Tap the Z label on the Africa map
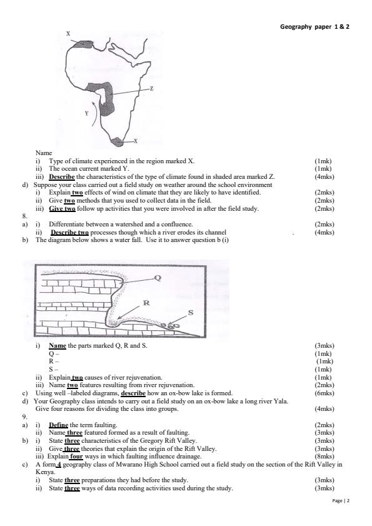(x=152, y=89)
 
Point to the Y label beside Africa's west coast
(x=86, y=113)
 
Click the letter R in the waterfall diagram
(x=146, y=303)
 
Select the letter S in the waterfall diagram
(x=190, y=312)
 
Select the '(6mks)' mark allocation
(x=325, y=393)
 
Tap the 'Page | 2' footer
(x=341, y=502)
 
